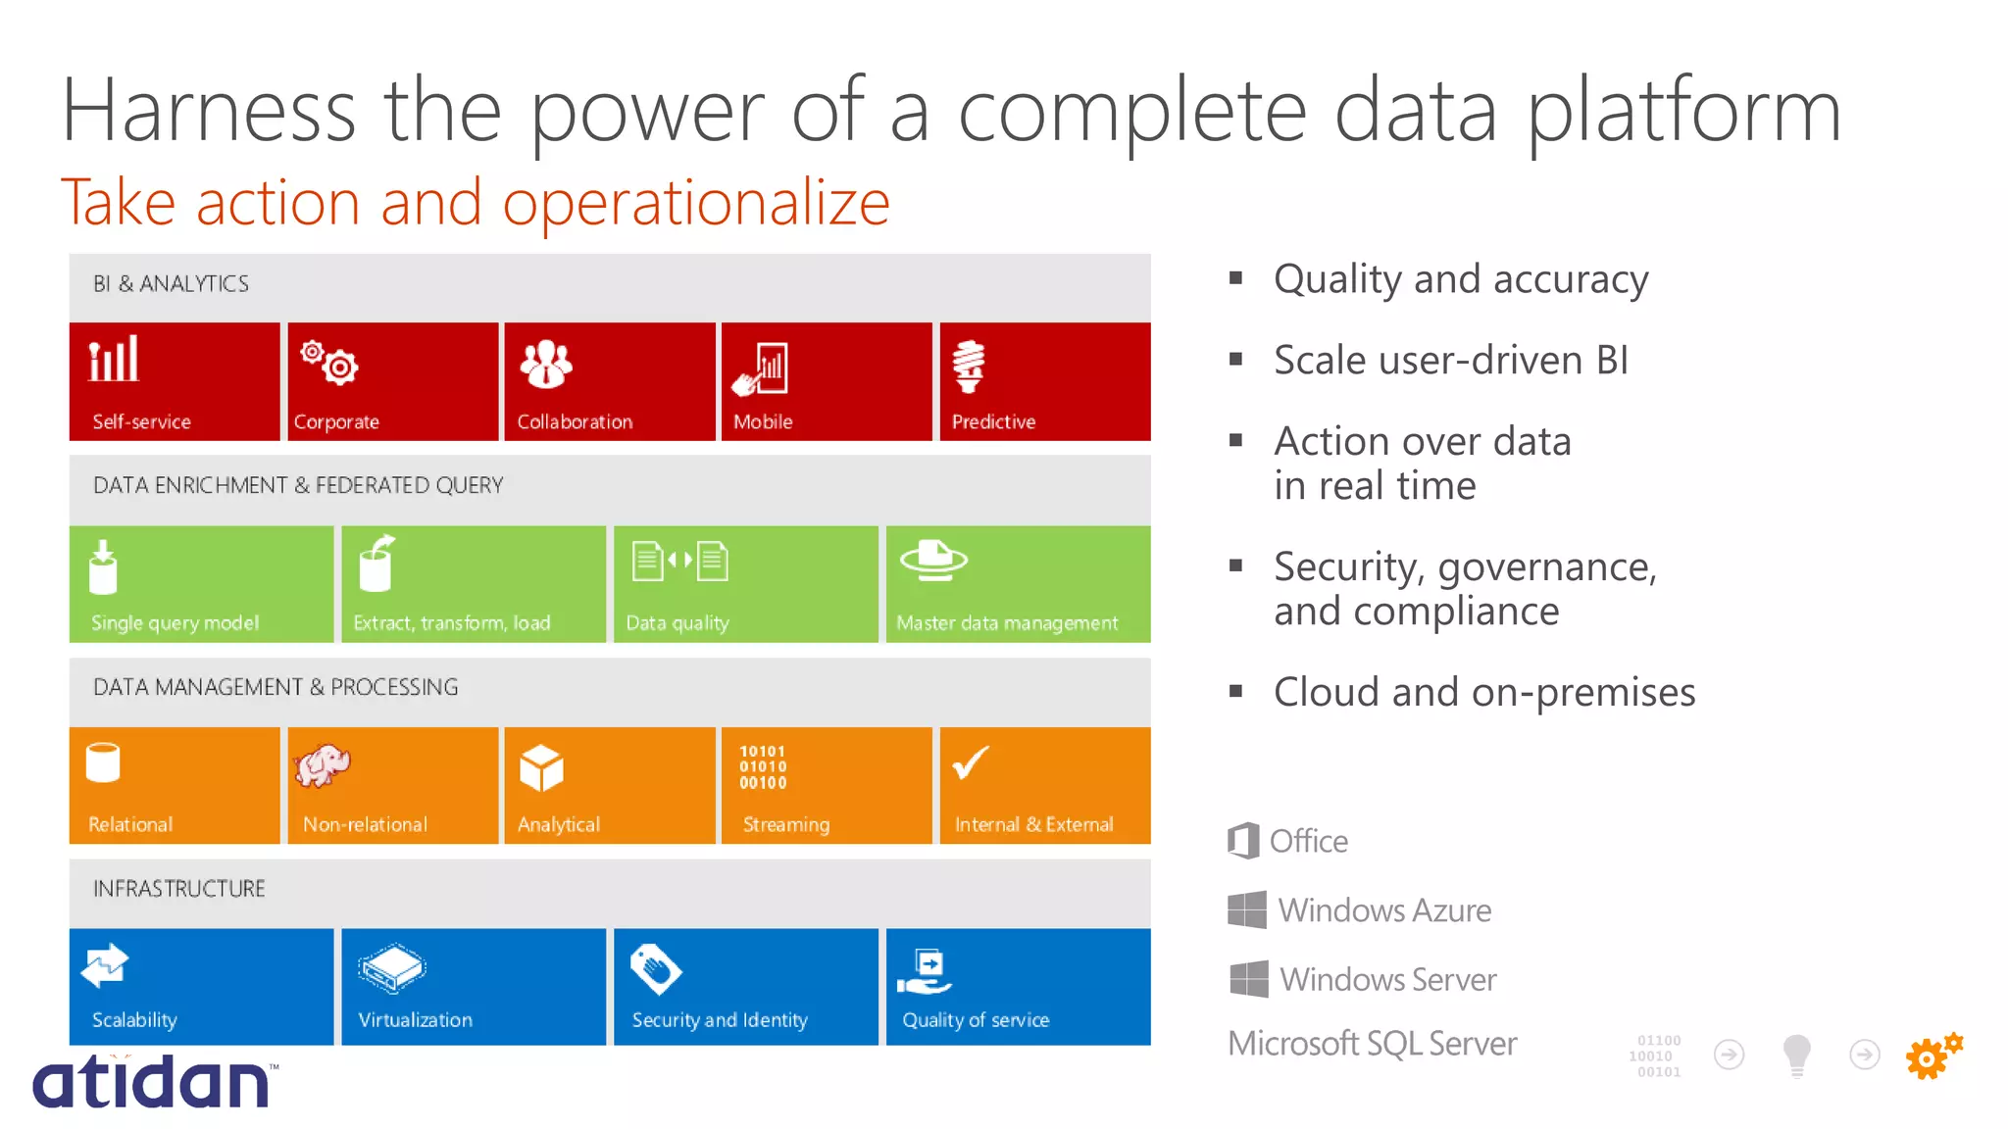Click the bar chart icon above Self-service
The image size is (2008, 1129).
[114, 359]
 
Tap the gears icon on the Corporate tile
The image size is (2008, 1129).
[329, 362]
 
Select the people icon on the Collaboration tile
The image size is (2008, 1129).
[546, 364]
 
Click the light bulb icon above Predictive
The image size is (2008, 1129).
[969, 366]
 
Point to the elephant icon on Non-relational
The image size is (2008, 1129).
[323, 765]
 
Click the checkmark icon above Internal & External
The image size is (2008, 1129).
[971, 762]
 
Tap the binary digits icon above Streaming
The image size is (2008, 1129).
[763, 767]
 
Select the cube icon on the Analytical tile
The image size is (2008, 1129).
[541, 767]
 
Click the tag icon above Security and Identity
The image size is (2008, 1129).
[655, 968]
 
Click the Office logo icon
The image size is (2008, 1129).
[1243, 841]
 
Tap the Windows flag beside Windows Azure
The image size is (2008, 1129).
[1247, 909]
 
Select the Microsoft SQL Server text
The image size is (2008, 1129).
[1372, 1044]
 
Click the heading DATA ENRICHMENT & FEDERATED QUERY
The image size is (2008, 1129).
[298, 485]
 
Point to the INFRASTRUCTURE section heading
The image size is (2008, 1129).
[179, 889]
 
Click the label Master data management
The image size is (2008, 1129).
[1007, 623]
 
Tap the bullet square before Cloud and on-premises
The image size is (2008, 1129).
[1235, 692]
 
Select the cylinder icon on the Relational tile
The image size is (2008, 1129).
[103, 762]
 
